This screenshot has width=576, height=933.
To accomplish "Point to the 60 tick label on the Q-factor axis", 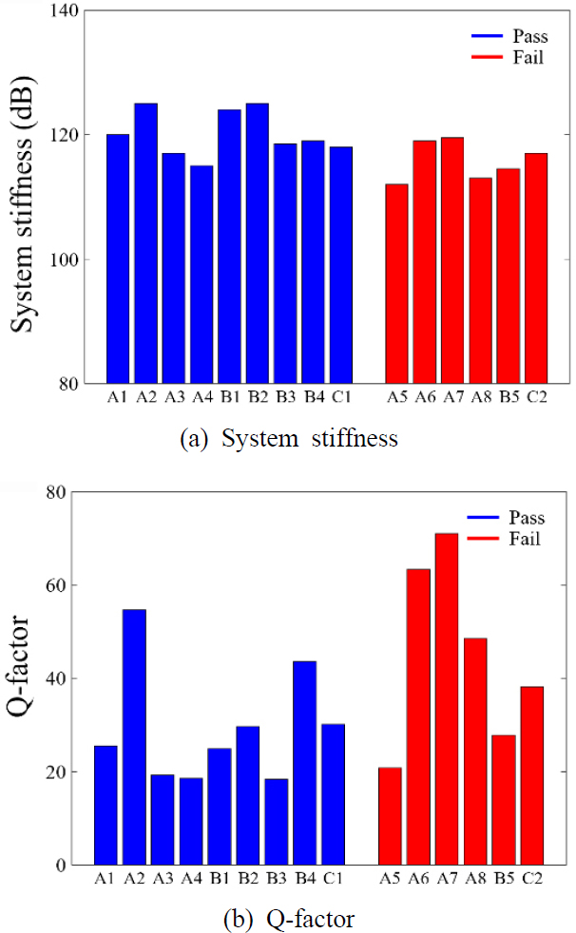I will pyautogui.click(x=60, y=585).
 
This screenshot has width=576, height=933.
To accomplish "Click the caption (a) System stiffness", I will pyautogui.click(x=288, y=438).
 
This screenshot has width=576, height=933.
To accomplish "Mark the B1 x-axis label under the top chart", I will pyautogui.click(x=229, y=398).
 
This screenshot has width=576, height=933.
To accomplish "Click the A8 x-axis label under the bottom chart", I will pyautogui.click(x=474, y=879).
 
